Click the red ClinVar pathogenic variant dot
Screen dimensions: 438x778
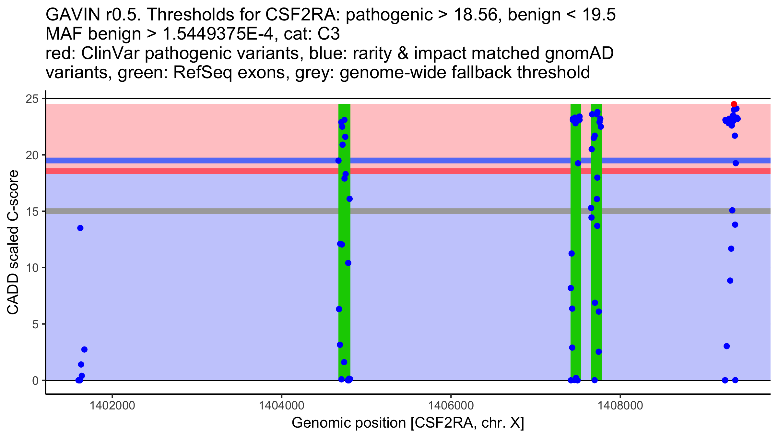pyautogui.click(x=734, y=104)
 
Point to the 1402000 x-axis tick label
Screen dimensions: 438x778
pyautogui.click(x=112, y=406)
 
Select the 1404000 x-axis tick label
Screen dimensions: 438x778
pyautogui.click(x=281, y=406)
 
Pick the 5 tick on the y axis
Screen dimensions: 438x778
pyautogui.click(x=35, y=324)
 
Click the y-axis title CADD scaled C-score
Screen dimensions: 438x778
pyautogui.click(x=13, y=243)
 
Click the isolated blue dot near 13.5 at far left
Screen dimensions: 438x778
pyautogui.click(x=80, y=228)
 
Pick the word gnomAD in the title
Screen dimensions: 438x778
pyautogui.click(x=579, y=54)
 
